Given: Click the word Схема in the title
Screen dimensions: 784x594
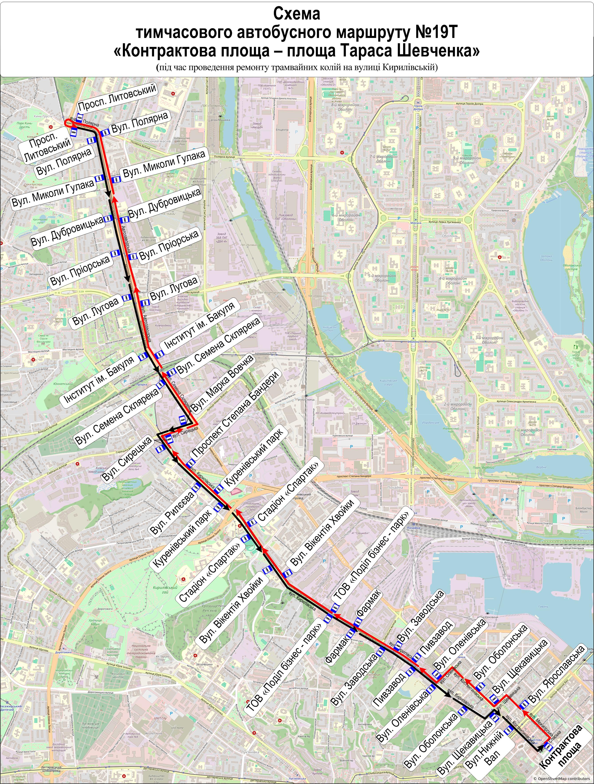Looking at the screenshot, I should pyautogui.click(x=297, y=14).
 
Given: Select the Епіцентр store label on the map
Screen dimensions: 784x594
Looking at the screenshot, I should pyautogui.click(x=282, y=130).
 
